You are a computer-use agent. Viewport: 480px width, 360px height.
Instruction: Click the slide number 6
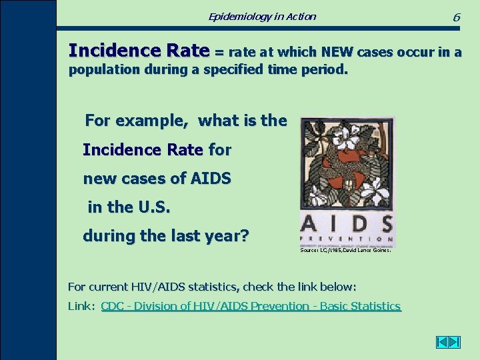point(456,17)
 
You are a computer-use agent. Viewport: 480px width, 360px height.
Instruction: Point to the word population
point(101,70)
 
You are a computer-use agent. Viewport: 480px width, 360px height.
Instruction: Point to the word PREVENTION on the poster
point(347,238)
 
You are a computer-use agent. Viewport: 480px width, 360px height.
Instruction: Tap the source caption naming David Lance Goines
point(346,251)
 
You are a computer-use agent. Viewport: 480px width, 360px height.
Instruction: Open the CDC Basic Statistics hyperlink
point(251,306)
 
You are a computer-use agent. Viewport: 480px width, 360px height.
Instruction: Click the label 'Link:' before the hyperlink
point(82,306)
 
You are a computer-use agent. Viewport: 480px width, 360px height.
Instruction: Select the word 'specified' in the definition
point(235,70)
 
